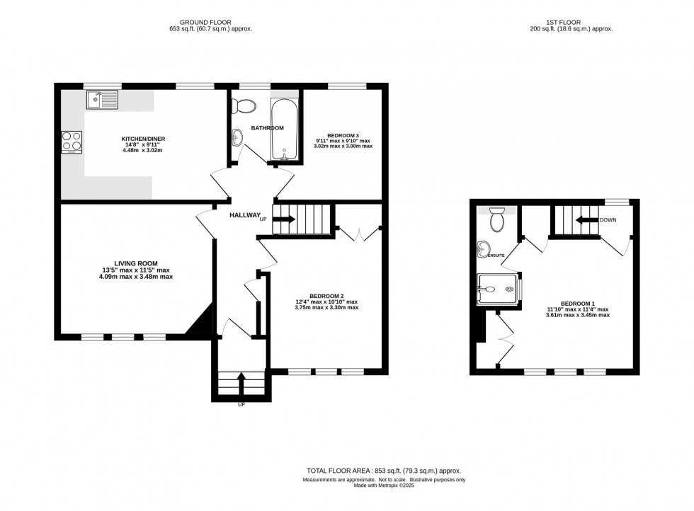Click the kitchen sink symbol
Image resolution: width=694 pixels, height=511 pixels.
pyautogui.click(x=103, y=100)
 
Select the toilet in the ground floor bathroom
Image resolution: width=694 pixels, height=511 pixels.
pyautogui.click(x=246, y=105)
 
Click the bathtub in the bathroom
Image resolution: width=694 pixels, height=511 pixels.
pyautogui.click(x=285, y=128)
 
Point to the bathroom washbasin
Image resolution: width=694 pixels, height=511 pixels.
pyautogui.click(x=237, y=137)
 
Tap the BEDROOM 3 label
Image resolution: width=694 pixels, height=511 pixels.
pyautogui.click(x=343, y=134)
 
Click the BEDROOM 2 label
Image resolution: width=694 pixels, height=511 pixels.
pyautogui.click(x=326, y=296)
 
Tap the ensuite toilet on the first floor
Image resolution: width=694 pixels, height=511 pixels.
pyautogui.click(x=496, y=219)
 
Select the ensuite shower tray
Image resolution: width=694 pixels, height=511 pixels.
pyautogui.click(x=497, y=289)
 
